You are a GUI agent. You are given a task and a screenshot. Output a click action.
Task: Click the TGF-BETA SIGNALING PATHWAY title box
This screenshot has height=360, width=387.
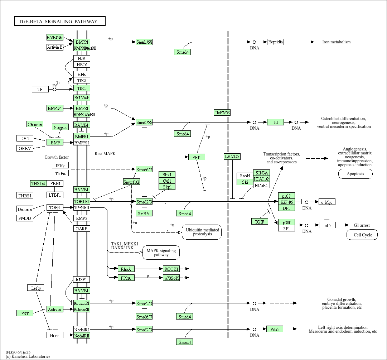60,21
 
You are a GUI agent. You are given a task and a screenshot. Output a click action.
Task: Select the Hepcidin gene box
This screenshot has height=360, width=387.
276,42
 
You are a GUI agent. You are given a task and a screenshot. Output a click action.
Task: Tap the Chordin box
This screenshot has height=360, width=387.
35,124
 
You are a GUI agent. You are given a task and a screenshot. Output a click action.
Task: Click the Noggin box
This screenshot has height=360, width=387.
60,127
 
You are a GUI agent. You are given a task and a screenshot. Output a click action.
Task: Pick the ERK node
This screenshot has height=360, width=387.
197,157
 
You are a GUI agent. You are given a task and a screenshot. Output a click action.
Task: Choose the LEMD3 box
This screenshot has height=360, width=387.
232,156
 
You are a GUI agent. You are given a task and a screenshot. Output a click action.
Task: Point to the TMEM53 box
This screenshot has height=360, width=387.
222,112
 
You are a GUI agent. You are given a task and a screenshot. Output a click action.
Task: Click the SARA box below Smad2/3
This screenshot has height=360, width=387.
144,213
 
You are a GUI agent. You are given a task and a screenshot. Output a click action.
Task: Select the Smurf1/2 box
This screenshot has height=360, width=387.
131,182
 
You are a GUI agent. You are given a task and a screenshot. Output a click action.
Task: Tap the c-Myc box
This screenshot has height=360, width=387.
327,202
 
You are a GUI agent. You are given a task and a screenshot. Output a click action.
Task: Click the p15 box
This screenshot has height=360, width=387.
327,225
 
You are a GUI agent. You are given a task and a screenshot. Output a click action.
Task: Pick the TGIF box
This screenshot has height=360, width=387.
260,221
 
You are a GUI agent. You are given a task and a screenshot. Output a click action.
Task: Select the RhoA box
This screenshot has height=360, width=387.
126,269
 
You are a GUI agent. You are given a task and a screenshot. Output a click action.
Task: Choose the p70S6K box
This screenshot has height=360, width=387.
171,278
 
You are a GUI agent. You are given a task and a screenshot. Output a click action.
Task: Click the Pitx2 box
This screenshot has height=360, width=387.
275,329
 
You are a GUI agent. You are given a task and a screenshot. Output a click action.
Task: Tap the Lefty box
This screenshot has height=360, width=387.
36,288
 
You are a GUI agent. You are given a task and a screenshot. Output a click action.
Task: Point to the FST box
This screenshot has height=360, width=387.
25,313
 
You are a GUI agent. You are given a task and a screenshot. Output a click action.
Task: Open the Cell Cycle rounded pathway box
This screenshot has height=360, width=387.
362,235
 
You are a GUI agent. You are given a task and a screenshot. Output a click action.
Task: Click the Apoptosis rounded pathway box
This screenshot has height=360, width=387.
355,174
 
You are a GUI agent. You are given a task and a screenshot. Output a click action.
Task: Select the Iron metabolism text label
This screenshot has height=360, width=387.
336,42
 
